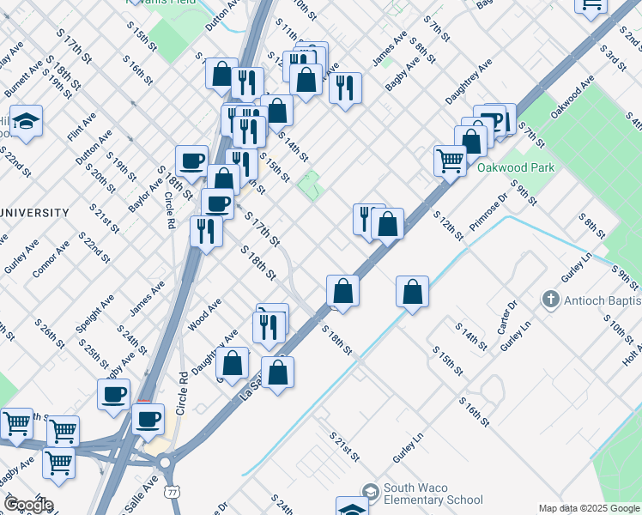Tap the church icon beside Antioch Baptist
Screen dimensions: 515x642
click(x=550, y=300)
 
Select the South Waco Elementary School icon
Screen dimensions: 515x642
click(x=371, y=492)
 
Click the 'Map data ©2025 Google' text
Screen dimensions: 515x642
click(x=588, y=508)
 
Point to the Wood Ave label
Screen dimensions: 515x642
click(x=204, y=314)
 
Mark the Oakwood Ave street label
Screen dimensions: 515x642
click(x=573, y=98)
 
